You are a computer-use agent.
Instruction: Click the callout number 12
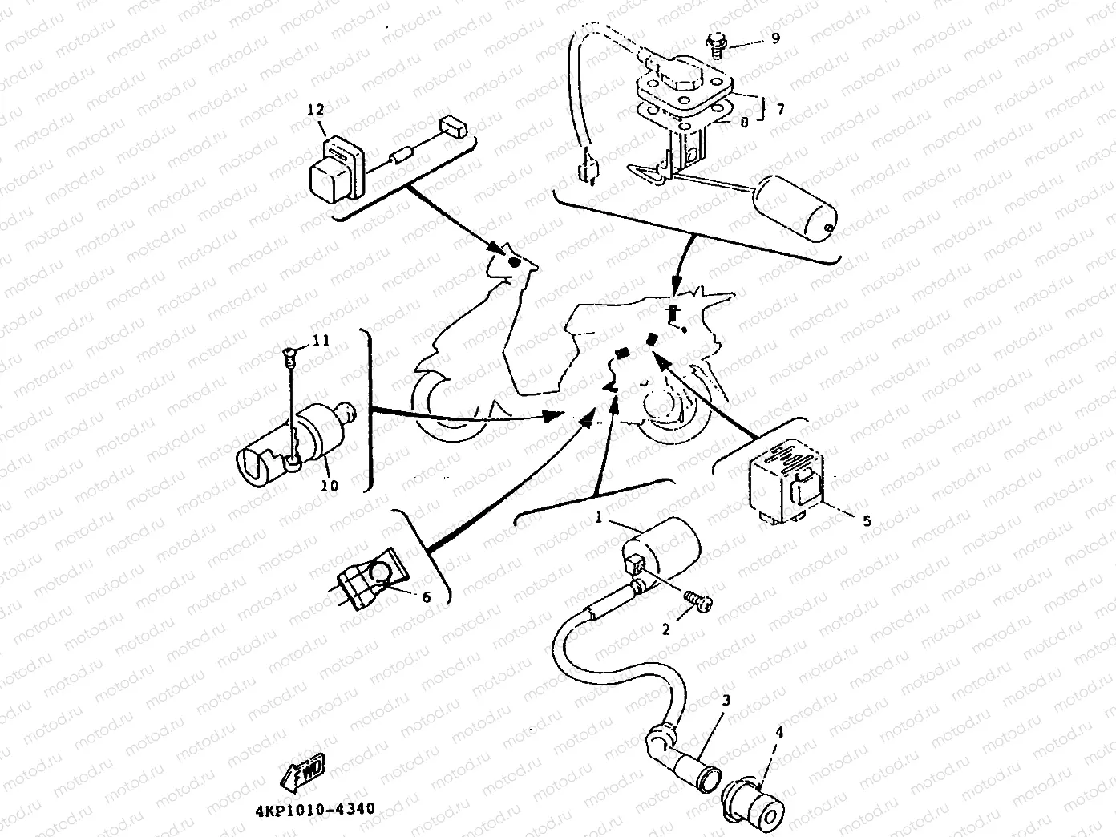[317, 110]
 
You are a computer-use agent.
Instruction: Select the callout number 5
[867, 520]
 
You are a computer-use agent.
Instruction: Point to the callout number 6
[426, 597]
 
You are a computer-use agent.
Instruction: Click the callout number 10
[330, 486]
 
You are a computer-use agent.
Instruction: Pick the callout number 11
[321, 341]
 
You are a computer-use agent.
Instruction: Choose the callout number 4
[779, 732]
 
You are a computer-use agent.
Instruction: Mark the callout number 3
[726, 700]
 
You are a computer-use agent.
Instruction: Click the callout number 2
[665, 629]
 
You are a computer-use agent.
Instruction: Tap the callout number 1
[598, 518]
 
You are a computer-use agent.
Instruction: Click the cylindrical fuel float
[797, 205]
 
